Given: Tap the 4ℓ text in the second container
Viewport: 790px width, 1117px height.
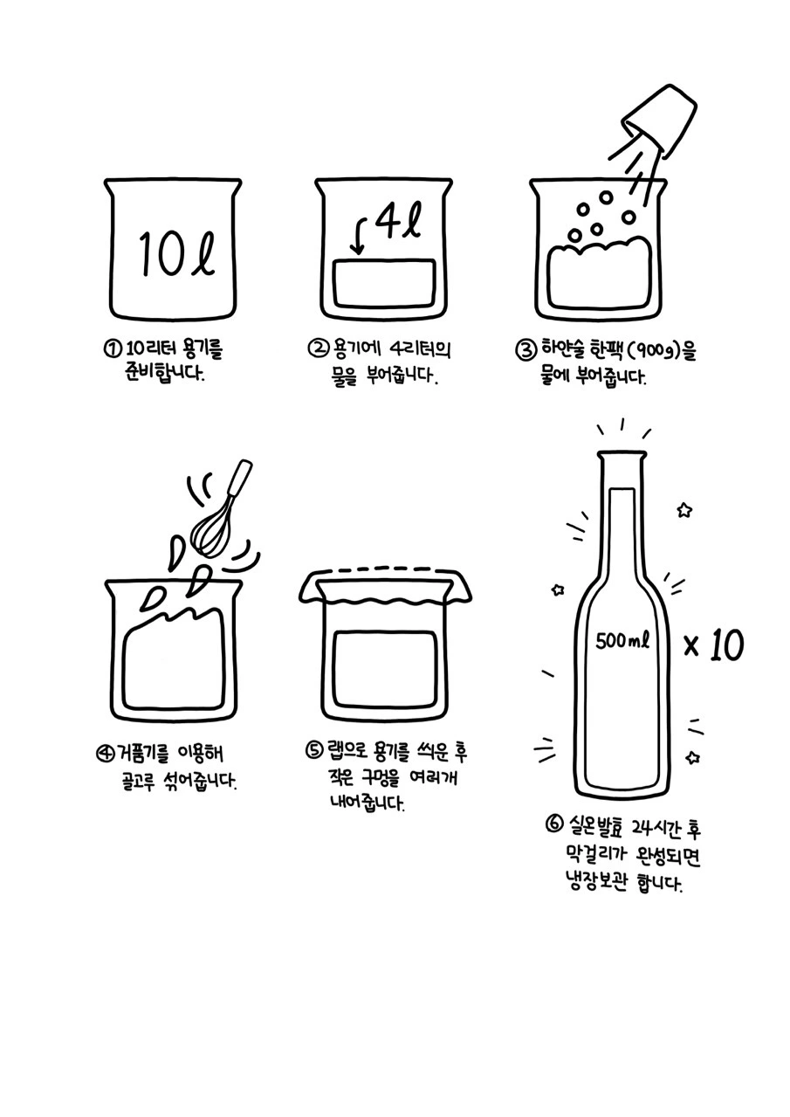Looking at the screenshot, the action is [397, 220].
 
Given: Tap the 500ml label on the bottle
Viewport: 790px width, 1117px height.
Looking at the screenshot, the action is [622, 641].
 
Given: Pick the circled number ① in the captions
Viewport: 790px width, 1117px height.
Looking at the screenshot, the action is [112, 348].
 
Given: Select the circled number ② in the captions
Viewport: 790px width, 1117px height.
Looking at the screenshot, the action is [318, 348].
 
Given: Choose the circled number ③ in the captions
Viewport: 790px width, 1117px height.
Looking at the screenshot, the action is [526, 349].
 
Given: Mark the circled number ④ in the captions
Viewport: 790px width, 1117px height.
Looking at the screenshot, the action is [105, 754].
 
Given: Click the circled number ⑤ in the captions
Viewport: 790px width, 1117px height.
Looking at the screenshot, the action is [314, 751].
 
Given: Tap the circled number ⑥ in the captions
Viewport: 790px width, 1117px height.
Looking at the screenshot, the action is [554, 824].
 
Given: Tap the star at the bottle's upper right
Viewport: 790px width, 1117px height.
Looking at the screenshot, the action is [684, 510].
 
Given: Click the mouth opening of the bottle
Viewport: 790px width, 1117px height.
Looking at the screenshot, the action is [622, 455].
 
